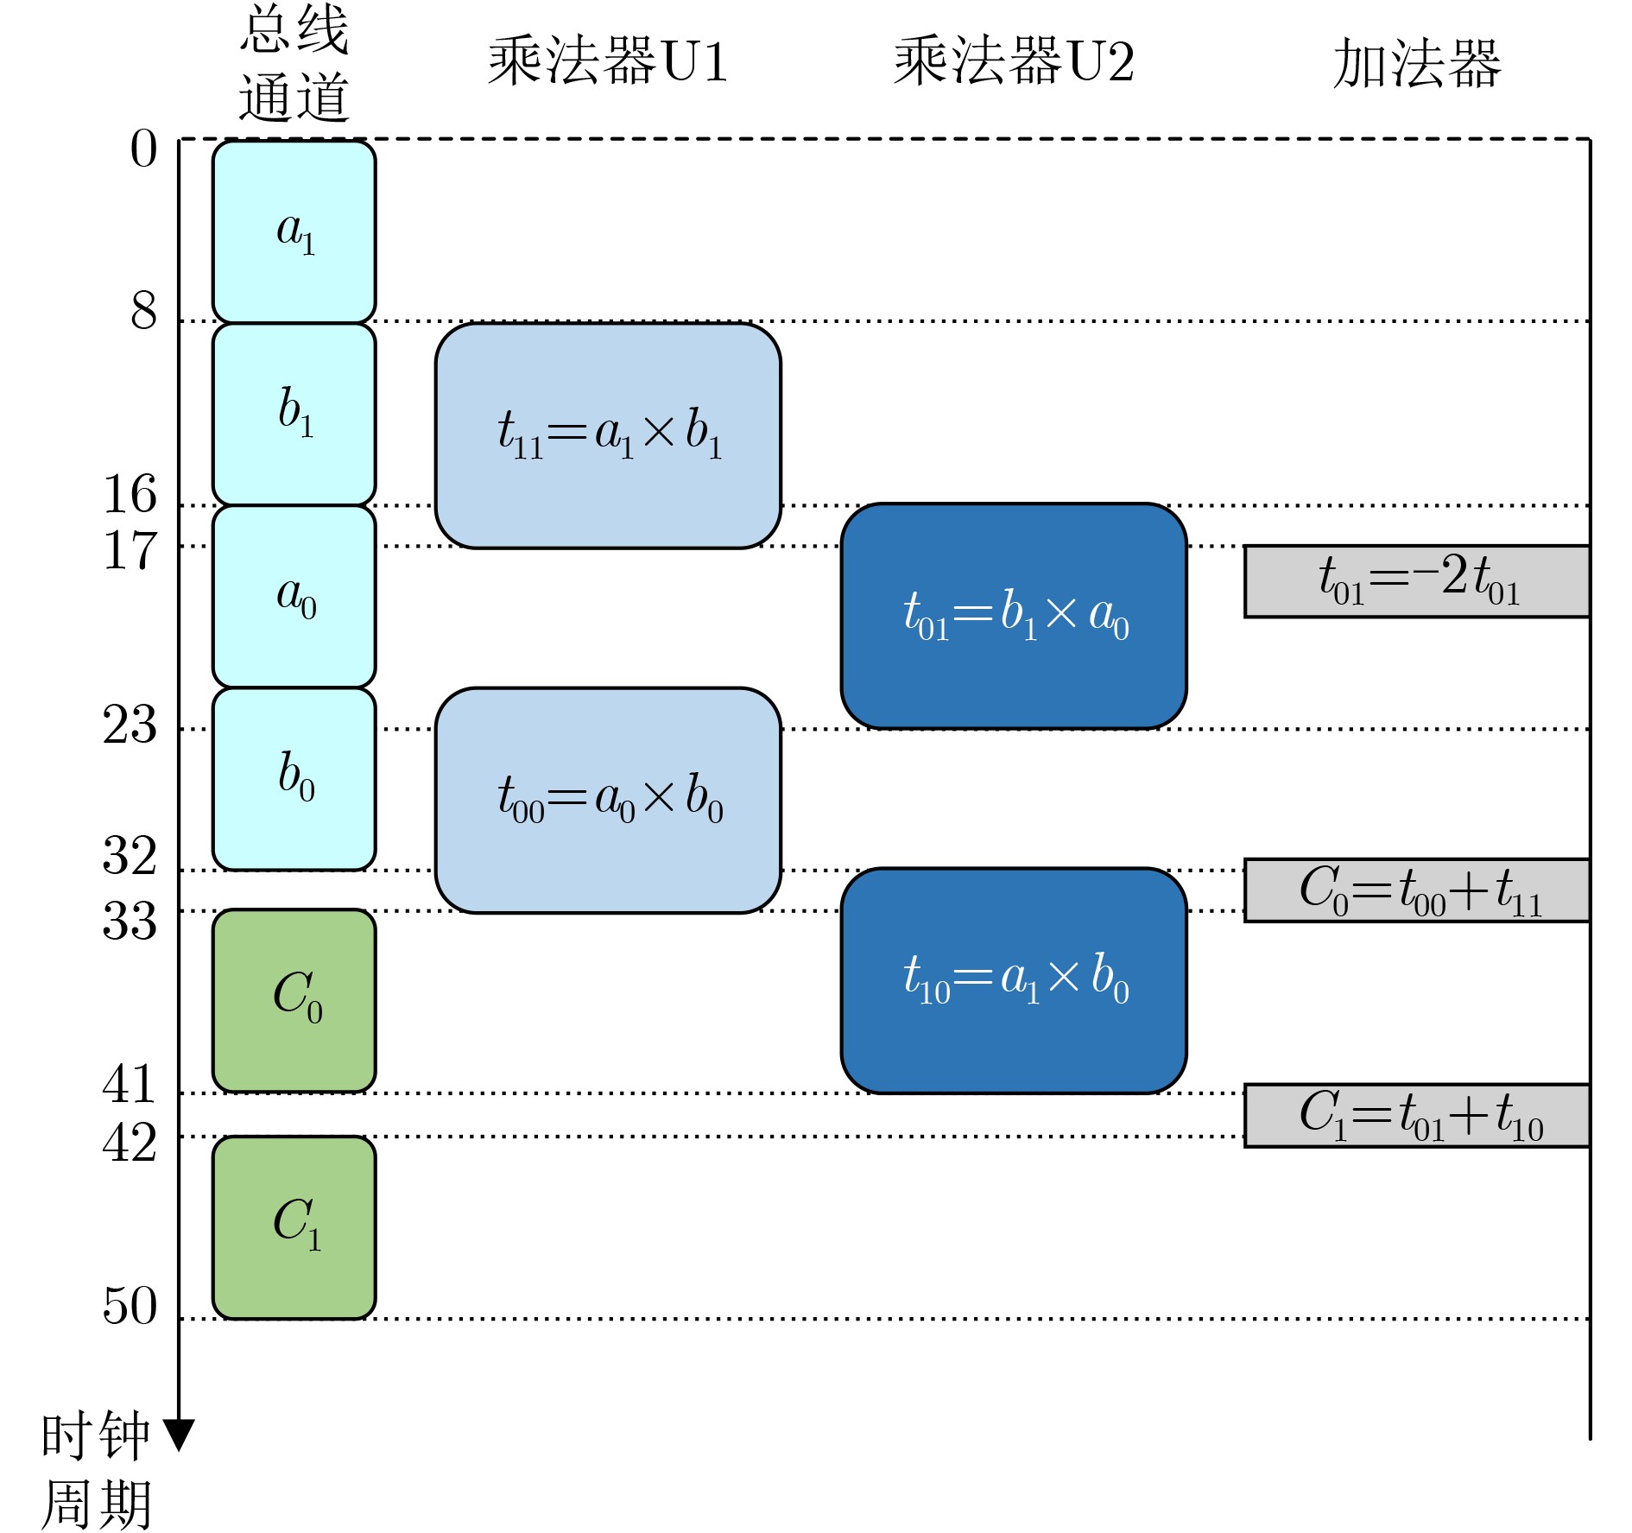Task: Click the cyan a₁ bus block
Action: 294,231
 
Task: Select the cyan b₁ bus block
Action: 294,414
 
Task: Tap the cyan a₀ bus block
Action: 294,596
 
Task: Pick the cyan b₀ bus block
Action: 294,778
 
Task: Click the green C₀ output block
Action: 294,1000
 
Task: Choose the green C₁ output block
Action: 294,1227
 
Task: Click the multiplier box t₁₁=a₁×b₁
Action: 608,435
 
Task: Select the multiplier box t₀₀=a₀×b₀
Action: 608,800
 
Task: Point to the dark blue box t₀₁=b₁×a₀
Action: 1014,616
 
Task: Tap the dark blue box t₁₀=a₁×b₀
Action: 1014,980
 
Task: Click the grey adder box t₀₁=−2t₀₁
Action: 1416,580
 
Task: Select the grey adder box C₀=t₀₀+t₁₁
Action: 1416,890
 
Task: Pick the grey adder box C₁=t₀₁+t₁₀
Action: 1416,1115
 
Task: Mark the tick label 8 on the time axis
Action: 143,310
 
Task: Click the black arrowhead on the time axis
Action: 179,1435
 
